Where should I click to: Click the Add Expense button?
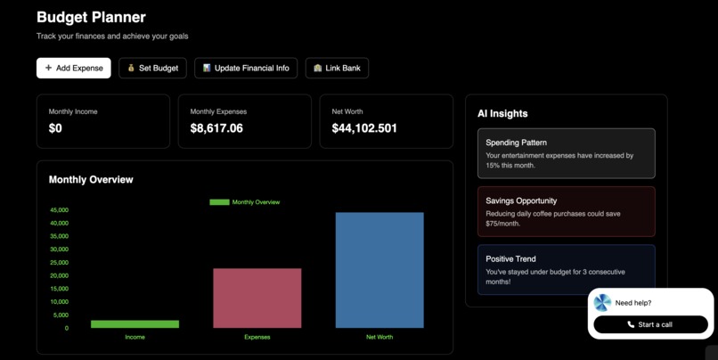74,68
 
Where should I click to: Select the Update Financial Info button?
246,68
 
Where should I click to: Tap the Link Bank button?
337,68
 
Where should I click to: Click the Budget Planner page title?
91,17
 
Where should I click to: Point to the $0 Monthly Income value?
55,128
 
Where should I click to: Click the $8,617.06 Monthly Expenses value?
216,128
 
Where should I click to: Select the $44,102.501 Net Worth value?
364,128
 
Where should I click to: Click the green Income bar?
135,324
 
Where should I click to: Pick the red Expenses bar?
257,298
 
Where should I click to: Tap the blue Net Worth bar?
379,270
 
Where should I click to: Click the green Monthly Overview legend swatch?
219,202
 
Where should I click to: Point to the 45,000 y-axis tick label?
59,210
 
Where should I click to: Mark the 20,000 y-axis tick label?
59,275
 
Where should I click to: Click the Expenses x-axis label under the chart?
257,337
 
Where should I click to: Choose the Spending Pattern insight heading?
516,143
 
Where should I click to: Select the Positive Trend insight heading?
510,258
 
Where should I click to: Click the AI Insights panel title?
502,113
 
